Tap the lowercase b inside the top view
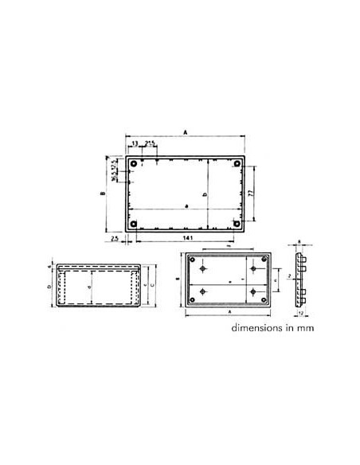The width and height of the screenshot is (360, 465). click(205, 194)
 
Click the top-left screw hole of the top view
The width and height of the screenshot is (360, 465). click(134, 164)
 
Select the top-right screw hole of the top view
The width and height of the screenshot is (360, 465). click(237, 164)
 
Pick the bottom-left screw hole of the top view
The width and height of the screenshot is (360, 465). click(134, 224)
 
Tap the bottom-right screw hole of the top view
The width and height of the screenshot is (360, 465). click(237, 224)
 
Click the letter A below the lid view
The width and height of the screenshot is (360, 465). click(228, 313)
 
